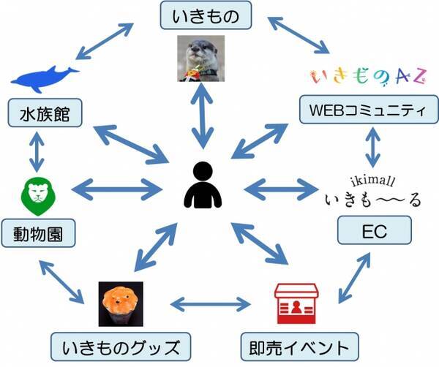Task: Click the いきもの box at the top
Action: [x=206, y=15]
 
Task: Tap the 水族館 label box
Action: [x=45, y=113]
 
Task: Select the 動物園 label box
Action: [x=38, y=233]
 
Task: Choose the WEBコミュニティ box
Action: [x=369, y=110]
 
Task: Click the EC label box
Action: [x=375, y=230]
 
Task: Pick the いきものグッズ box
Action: [x=121, y=347]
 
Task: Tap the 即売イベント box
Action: [x=299, y=347]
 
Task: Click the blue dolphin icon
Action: [x=45, y=79]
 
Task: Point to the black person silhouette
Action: [x=203, y=185]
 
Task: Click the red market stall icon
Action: [x=296, y=303]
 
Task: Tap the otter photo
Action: [x=201, y=58]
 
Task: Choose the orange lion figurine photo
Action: [x=121, y=304]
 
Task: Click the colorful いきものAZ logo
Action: [x=369, y=76]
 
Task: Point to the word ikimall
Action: [x=372, y=181]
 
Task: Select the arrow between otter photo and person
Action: [x=202, y=116]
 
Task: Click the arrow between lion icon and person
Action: [x=117, y=189]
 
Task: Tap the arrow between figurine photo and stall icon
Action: [x=211, y=304]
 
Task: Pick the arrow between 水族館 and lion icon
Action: [x=37, y=152]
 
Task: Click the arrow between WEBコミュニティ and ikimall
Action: [x=372, y=148]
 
